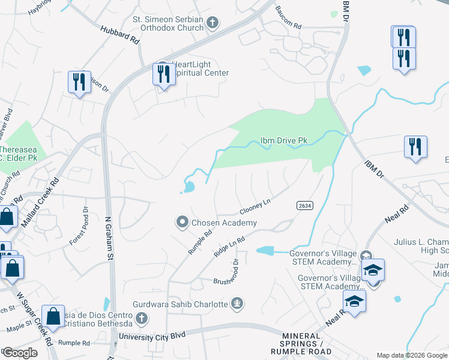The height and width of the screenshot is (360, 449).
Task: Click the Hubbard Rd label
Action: tap(120, 35)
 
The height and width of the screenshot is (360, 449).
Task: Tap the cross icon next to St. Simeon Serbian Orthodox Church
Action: tap(212, 23)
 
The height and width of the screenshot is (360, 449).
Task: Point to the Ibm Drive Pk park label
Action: tap(283, 140)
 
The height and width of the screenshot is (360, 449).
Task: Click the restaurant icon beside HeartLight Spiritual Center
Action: tap(163, 74)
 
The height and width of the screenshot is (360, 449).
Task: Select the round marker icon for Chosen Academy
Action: tap(182, 223)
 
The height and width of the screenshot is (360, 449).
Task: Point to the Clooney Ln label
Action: tap(255, 207)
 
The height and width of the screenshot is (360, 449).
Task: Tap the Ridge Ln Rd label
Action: tap(230, 247)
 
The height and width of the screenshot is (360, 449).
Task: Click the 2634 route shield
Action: tap(304, 205)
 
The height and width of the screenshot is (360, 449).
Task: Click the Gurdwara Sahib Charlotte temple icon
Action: tap(238, 304)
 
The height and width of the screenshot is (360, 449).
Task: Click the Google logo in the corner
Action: tap(20, 353)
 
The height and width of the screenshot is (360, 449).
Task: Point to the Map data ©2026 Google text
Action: tap(411, 355)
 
